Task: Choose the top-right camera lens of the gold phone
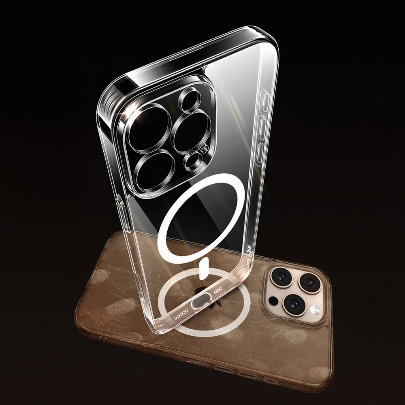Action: [310, 282]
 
